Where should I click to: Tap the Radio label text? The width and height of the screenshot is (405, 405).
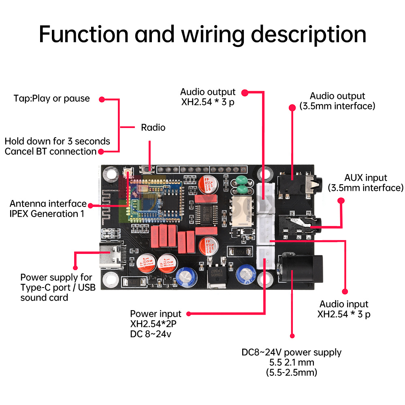click(x=153, y=128)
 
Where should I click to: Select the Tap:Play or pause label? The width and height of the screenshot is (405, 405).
click(x=51, y=98)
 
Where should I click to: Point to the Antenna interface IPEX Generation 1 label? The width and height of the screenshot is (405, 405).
click(x=48, y=209)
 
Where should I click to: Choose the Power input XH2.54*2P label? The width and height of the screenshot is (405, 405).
click(x=156, y=324)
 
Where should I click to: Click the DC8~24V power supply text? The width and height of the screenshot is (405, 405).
click(x=292, y=352)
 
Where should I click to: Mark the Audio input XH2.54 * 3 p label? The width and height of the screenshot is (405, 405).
click(x=344, y=309)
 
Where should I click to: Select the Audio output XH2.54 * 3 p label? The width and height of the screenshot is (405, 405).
click(x=207, y=97)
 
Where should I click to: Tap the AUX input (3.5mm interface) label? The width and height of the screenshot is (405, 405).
click(x=365, y=183)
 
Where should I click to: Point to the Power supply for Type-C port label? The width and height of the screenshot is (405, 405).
click(x=56, y=288)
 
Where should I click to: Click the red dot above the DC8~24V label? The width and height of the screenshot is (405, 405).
click(x=292, y=336)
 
